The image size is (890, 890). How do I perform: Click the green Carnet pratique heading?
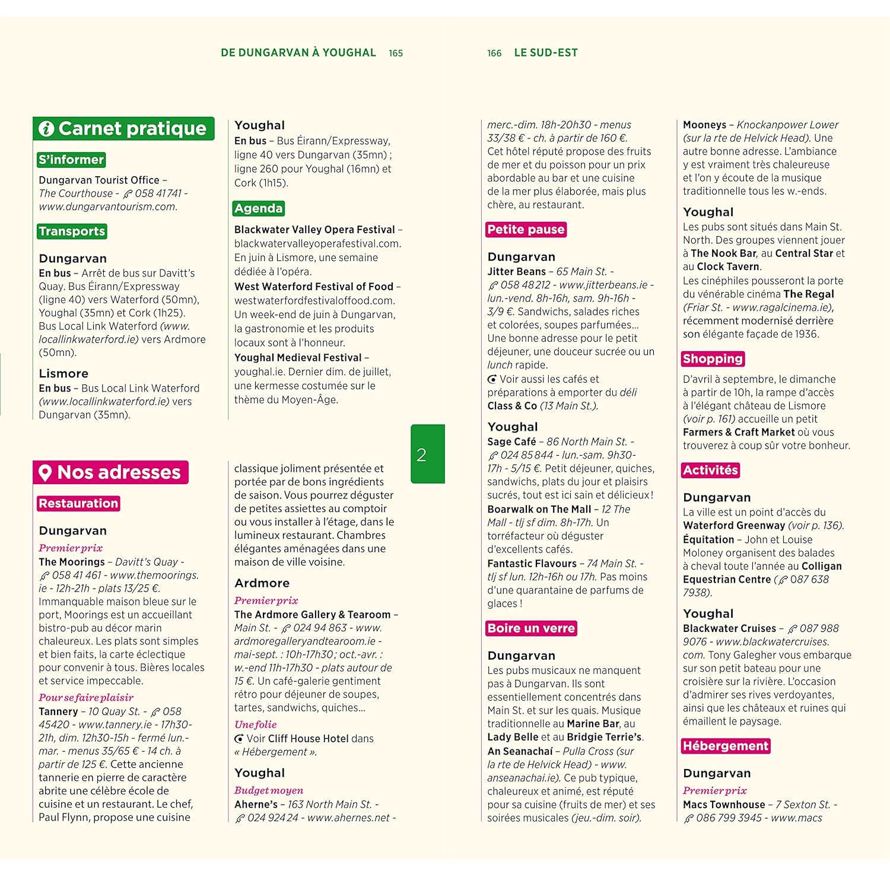point(123,129)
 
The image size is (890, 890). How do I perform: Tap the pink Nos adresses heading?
point(111,472)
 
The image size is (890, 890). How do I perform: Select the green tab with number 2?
point(427,454)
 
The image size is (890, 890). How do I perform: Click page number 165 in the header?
point(396,53)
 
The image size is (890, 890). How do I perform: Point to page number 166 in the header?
point(494,53)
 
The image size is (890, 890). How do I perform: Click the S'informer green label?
point(71,160)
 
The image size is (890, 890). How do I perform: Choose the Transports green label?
point(72,231)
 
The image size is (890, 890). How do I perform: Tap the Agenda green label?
point(258,208)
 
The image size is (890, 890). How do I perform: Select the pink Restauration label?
point(78,503)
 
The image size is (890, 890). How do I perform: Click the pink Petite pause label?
point(526,230)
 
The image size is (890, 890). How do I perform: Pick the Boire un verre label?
point(531,628)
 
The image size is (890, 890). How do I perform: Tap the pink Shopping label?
point(713,359)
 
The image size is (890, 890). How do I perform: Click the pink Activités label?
point(710,471)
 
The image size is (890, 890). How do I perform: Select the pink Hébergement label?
point(725,746)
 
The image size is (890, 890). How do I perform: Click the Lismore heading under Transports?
point(63,374)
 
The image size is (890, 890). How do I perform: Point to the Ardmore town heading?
point(262,583)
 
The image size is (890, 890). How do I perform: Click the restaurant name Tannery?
point(58,711)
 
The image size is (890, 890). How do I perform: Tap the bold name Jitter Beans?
point(516,272)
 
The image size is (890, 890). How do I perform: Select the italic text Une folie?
point(255,724)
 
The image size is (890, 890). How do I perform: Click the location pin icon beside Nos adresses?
point(45,473)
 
